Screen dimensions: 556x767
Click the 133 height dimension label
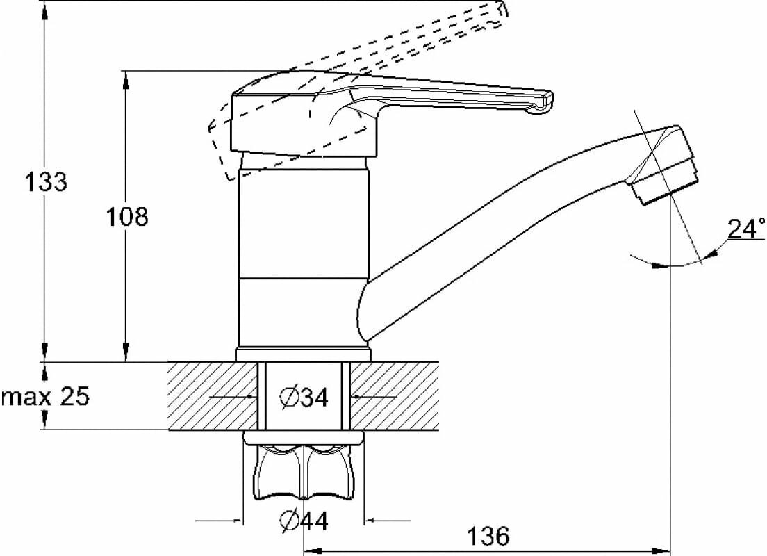(46, 182)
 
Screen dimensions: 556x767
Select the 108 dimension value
(127, 217)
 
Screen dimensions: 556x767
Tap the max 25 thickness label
(46, 398)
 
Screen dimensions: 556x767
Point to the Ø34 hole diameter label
(304, 398)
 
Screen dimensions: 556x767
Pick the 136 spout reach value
(487, 536)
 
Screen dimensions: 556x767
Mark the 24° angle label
(745, 229)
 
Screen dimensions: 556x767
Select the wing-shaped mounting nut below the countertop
(304, 473)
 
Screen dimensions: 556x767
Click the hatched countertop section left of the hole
(213, 395)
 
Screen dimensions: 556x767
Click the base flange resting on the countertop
(303, 354)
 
